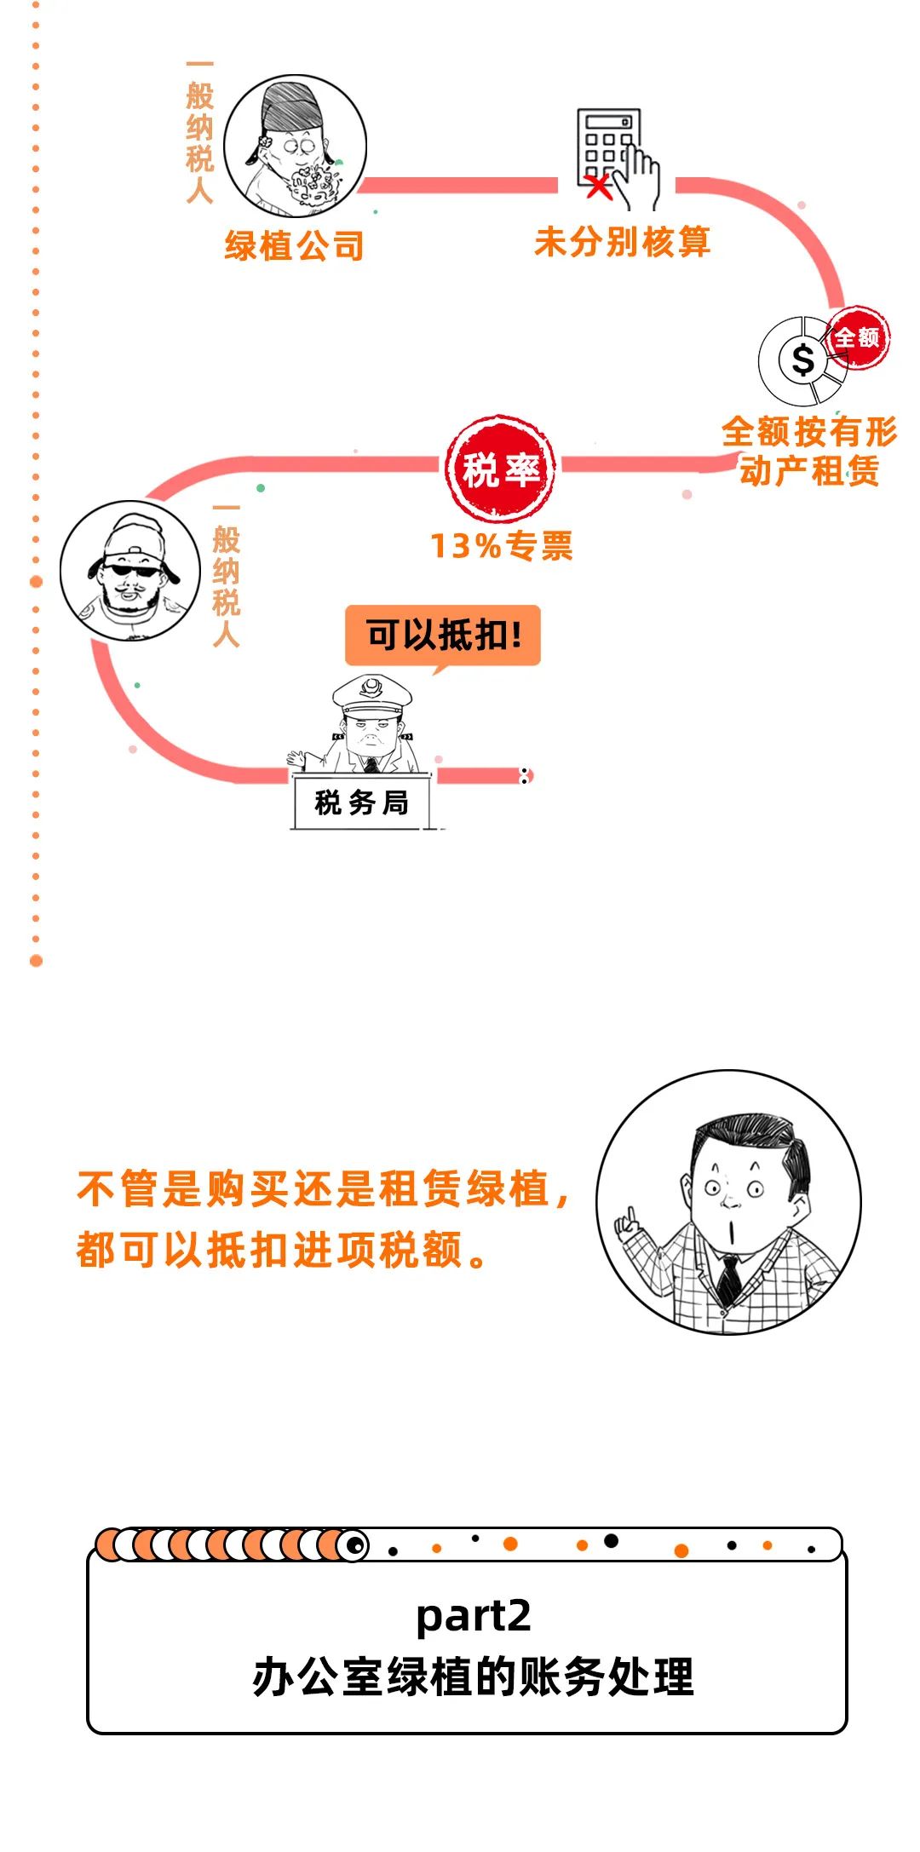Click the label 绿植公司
(x=295, y=246)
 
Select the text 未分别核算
(x=622, y=242)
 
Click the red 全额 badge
(x=858, y=337)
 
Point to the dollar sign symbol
(x=802, y=359)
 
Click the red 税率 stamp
(x=500, y=469)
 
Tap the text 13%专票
(x=501, y=546)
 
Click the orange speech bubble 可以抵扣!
(x=443, y=636)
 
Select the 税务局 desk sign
(x=361, y=802)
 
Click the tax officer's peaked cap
(x=371, y=691)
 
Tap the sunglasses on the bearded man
(x=129, y=570)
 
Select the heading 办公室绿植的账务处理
(x=474, y=1677)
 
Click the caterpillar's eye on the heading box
(x=354, y=1544)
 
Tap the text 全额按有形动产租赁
(x=809, y=451)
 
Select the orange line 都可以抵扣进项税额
(x=281, y=1251)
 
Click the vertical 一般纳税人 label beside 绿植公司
(x=199, y=132)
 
